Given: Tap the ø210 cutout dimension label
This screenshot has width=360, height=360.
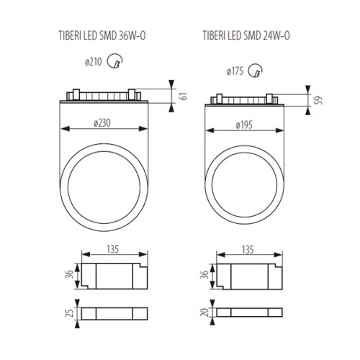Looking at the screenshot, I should click(x=94, y=63).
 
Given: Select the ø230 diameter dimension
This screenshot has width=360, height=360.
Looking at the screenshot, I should click(x=106, y=124).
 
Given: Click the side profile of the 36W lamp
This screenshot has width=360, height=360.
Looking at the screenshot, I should click(x=106, y=96).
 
